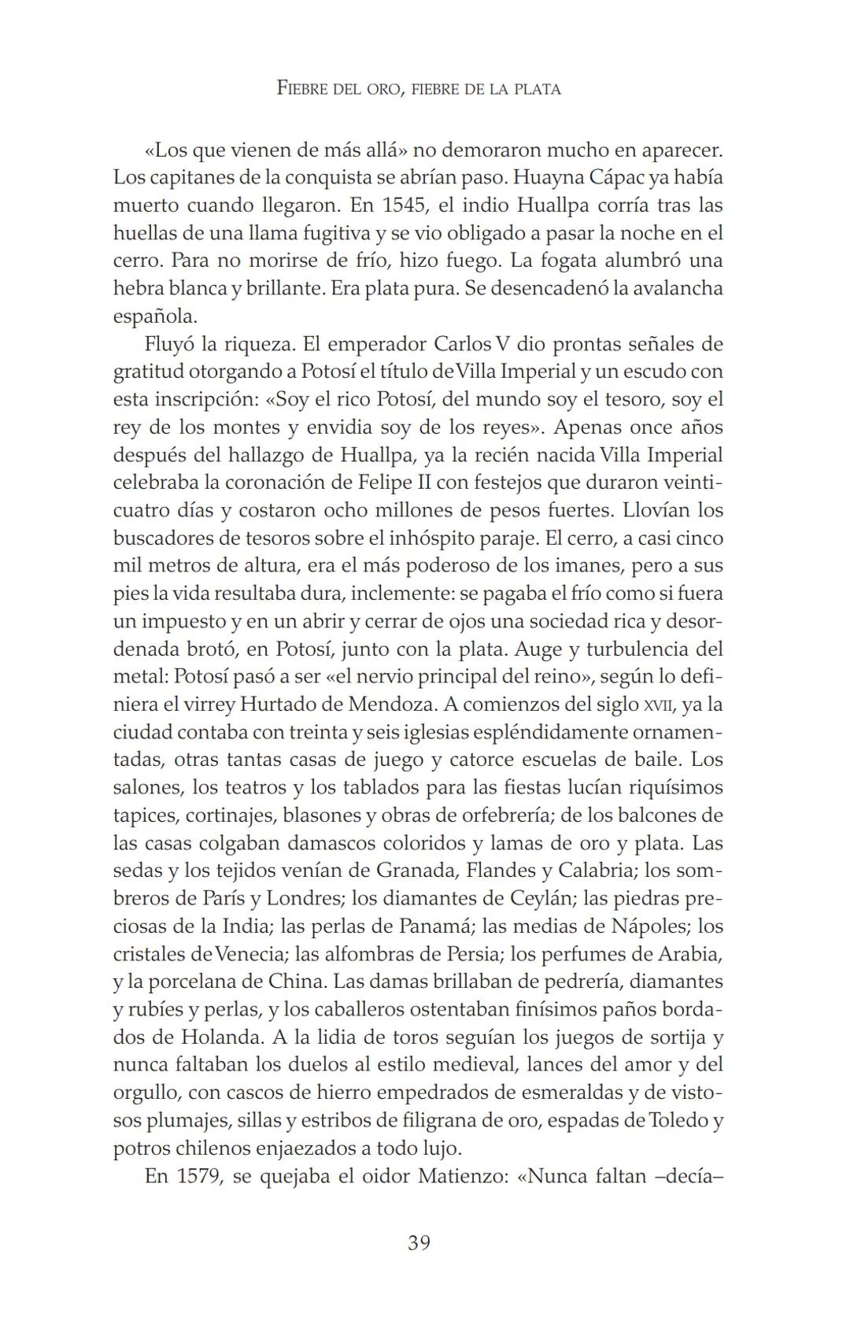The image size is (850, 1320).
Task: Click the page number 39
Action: pyautogui.click(x=419, y=1243)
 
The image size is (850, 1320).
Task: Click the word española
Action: pyautogui.click(x=153, y=316)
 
